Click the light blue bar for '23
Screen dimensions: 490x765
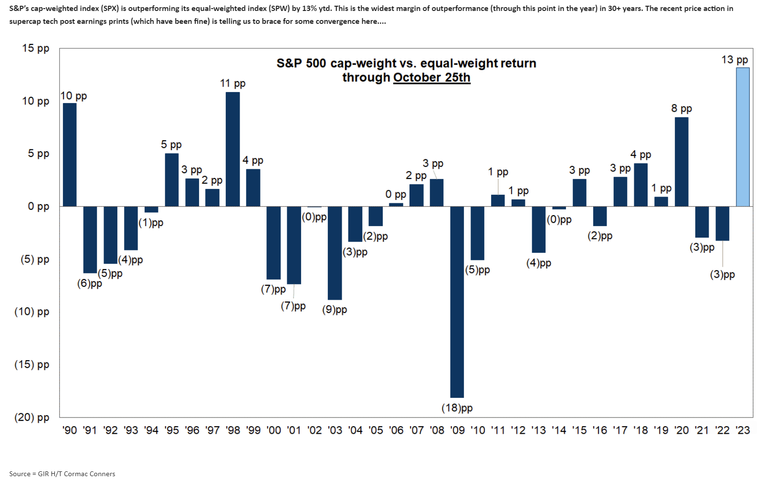[743, 137]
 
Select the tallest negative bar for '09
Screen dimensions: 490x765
[457, 302]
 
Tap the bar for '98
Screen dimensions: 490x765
[233, 149]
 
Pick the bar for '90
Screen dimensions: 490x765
[70, 155]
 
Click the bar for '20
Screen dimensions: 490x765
[681, 162]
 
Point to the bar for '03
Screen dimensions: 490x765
[335, 253]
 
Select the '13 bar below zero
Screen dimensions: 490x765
[539, 229]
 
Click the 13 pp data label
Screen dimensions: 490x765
[734, 60]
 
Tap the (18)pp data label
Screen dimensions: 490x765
[457, 408]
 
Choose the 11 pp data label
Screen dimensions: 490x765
[232, 83]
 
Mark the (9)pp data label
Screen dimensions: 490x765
[335, 310]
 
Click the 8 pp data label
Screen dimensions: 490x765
[681, 108]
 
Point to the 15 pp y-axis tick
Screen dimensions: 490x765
[35, 48]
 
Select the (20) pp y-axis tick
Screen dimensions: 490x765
[31, 417]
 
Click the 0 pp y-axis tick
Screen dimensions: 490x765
[38, 207]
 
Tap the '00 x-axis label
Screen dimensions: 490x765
[274, 430]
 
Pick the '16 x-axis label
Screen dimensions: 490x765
[600, 430]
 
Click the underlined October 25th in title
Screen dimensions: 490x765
[431, 78]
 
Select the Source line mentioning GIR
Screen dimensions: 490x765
[62, 474]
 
